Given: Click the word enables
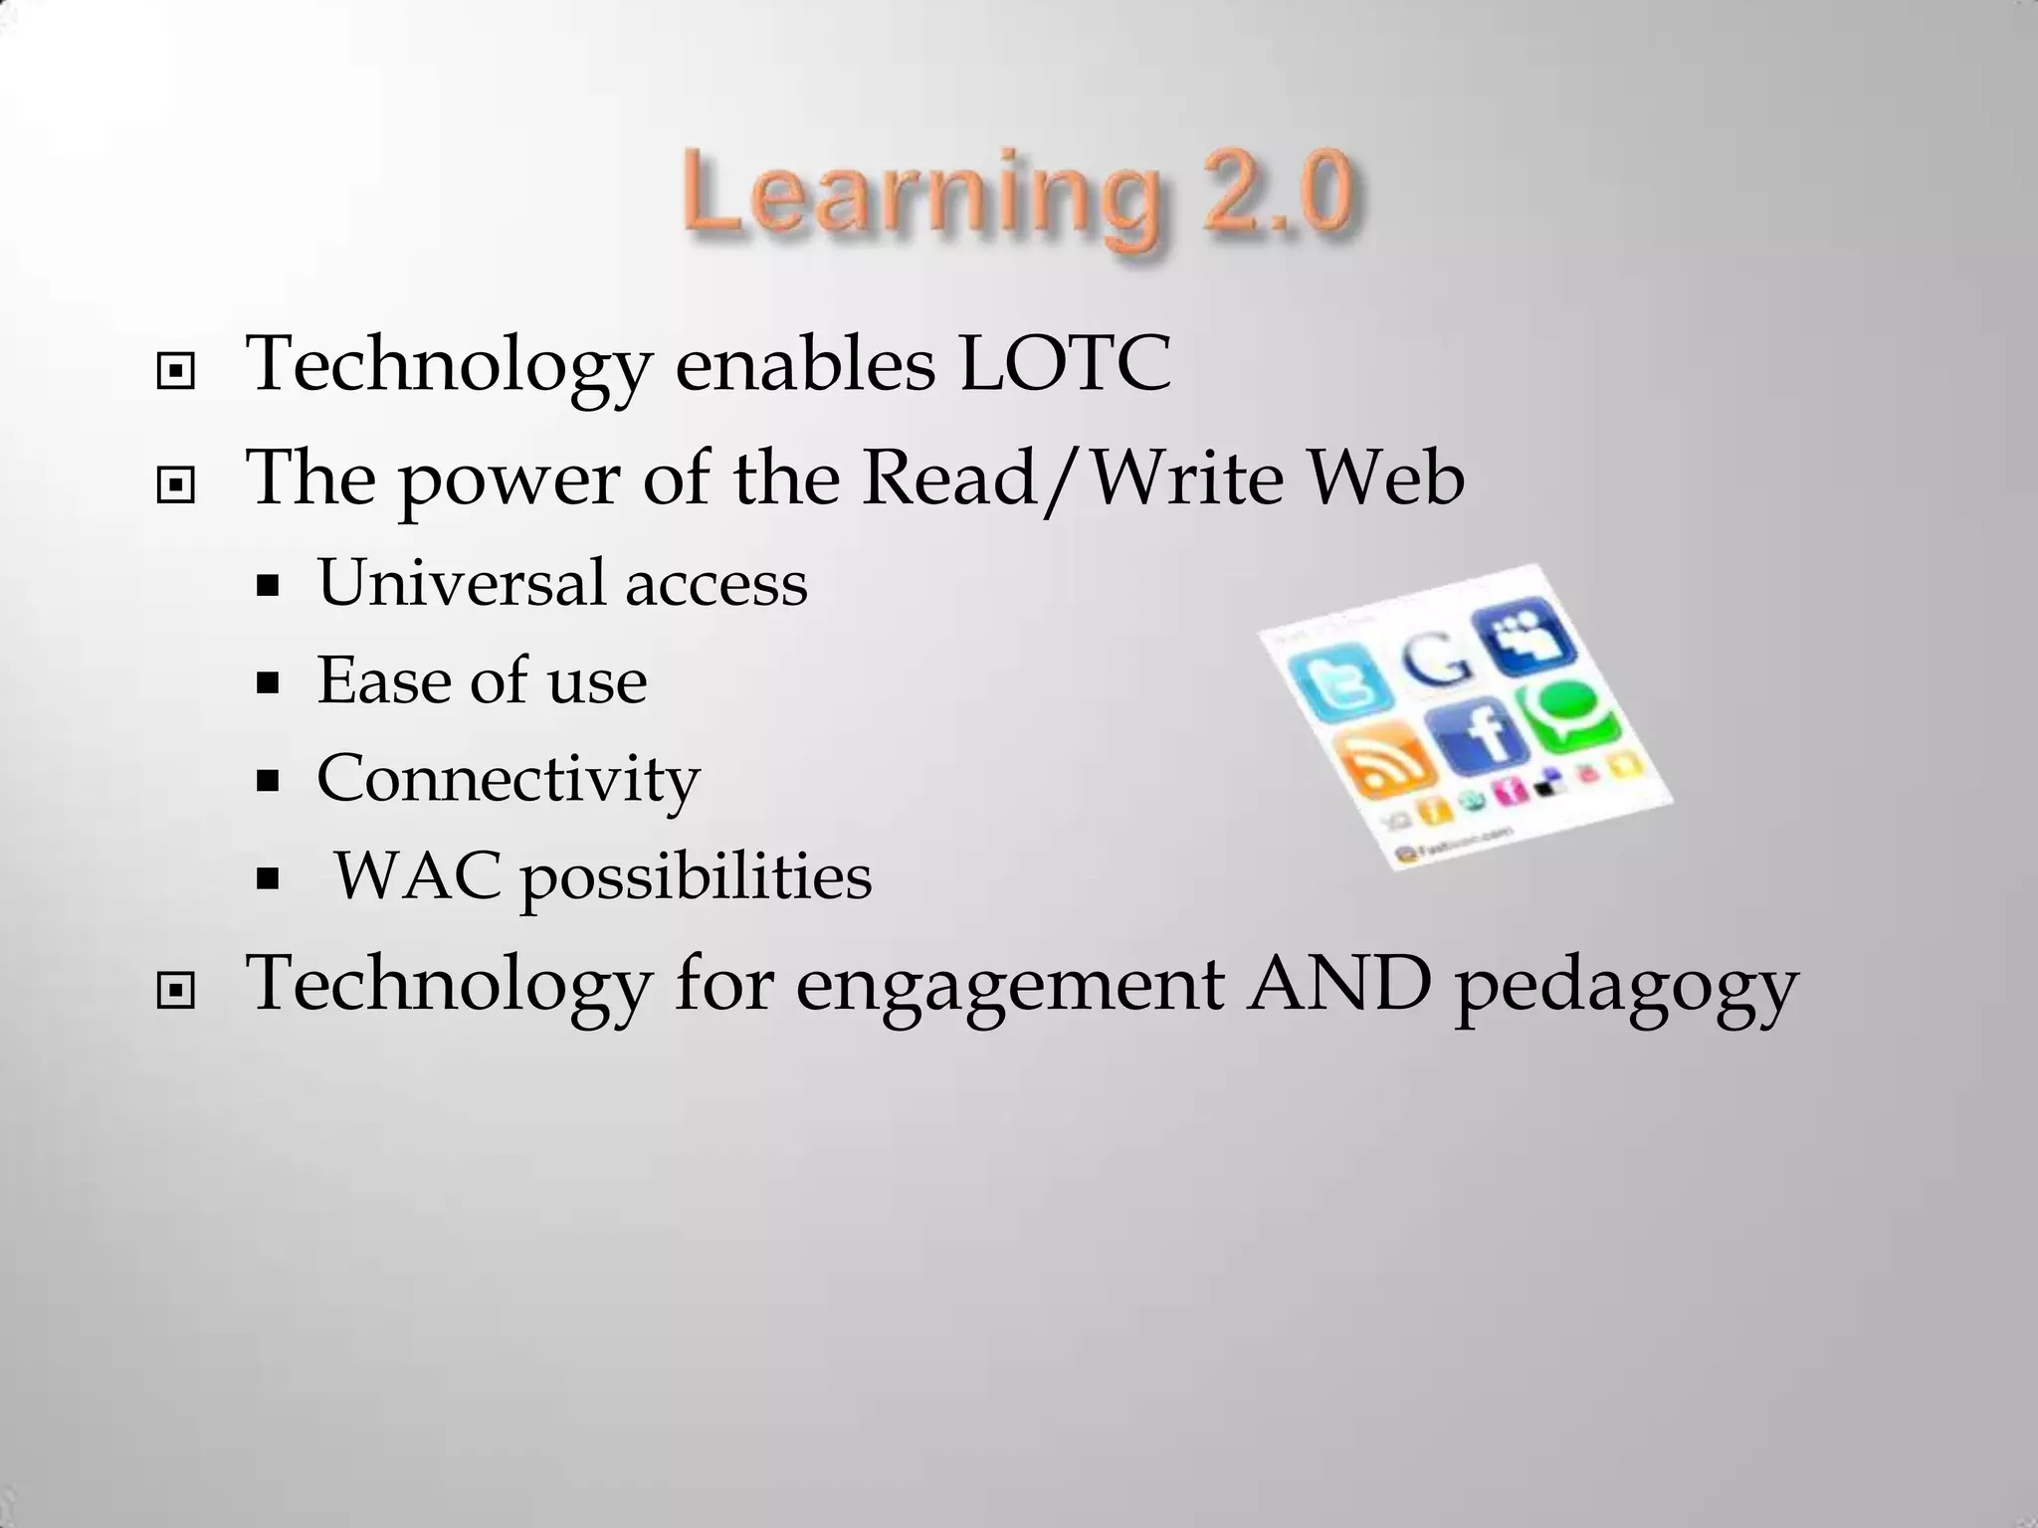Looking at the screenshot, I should (805, 364).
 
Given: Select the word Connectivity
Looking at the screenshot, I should (509, 779).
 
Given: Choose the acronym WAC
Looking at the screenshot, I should (417, 876).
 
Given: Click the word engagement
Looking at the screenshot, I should (1008, 987).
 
